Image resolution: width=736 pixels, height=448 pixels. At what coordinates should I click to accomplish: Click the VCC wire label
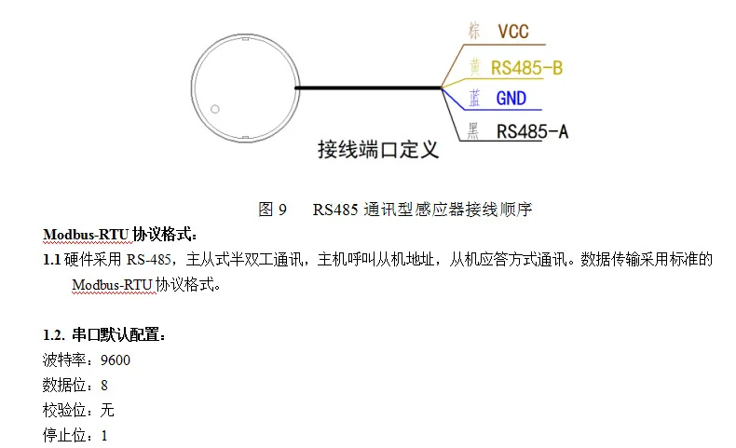[x=513, y=32]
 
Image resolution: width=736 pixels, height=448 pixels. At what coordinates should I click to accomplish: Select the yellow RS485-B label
[x=526, y=68]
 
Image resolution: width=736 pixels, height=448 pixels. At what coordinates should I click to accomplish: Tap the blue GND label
[x=511, y=99]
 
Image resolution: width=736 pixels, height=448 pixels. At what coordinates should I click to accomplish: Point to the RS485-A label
[x=532, y=131]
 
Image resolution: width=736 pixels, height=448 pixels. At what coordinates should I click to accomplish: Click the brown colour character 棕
[x=474, y=31]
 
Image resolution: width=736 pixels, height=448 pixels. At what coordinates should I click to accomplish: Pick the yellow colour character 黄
[x=475, y=67]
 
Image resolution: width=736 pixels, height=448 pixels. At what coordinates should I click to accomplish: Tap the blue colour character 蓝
[x=474, y=98]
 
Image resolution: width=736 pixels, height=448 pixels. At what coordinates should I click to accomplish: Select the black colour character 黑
[x=473, y=131]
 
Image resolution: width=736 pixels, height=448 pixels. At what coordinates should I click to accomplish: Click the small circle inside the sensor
[x=215, y=109]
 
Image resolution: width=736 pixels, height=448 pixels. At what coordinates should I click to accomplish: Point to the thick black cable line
[x=368, y=88]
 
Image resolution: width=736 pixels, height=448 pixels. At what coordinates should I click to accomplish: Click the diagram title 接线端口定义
[x=378, y=150]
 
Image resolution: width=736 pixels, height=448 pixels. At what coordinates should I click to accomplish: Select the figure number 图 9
[x=272, y=210]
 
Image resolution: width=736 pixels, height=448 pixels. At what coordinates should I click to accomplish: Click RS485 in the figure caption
[x=335, y=210]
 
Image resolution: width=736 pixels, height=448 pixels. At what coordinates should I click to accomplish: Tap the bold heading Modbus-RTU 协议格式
[x=119, y=234]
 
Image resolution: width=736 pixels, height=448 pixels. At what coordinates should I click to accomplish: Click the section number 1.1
[x=51, y=260]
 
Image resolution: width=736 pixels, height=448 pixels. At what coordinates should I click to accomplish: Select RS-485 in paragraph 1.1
[x=149, y=260]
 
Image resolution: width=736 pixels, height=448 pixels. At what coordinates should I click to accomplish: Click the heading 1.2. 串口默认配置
[x=104, y=334]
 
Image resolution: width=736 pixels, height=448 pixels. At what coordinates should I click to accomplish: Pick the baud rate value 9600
[x=116, y=360]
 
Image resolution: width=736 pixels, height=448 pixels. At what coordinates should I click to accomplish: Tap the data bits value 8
[x=104, y=386]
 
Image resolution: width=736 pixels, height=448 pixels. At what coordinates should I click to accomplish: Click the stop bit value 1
[x=104, y=436]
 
